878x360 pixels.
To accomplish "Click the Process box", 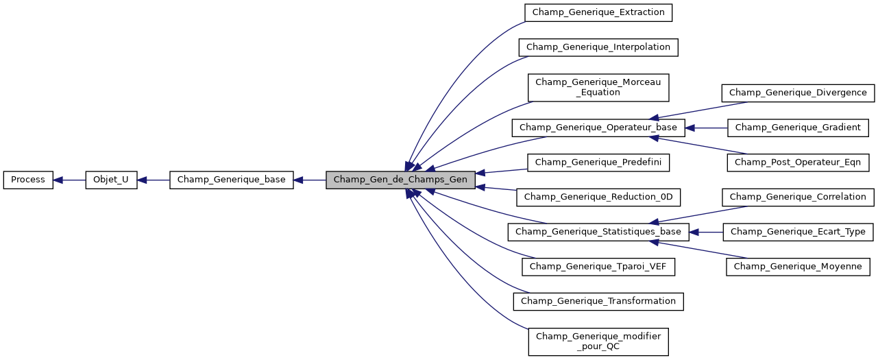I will [x=28, y=180].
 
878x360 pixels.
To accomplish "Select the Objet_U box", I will [x=111, y=180].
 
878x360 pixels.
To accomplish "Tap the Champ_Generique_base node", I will [x=232, y=180].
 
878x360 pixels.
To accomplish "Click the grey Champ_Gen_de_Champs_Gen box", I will [x=400, y=180].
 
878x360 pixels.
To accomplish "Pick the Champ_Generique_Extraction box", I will [x=598, y=12].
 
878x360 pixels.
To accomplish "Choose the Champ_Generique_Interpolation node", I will [x=598, y=47].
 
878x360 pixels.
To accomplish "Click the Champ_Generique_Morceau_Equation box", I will [x=598, y=87].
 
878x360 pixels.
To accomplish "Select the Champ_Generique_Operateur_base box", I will [x=598, y=128].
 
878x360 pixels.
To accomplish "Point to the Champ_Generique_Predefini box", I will [x=598, y=163].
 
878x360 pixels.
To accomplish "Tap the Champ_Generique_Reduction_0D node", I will [x=598, y=197].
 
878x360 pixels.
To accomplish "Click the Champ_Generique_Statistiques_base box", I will [x=598, y=232].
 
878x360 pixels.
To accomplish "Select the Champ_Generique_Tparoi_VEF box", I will [x=598, y=267].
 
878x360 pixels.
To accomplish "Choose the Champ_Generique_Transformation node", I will [x=598, y=301].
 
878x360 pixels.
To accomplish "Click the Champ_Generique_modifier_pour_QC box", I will [x=598, y=341].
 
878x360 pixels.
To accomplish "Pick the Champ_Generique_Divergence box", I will [x=798, y=93].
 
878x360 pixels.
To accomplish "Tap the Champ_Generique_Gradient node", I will [x=798, y=128].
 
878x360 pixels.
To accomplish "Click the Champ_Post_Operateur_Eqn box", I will [x=798, y=163].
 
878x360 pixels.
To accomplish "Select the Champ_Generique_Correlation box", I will [x=798, y=197].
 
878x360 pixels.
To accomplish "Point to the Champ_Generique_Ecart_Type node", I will [x=798, y=232].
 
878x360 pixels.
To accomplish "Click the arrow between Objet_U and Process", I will [x=69, y=180].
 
